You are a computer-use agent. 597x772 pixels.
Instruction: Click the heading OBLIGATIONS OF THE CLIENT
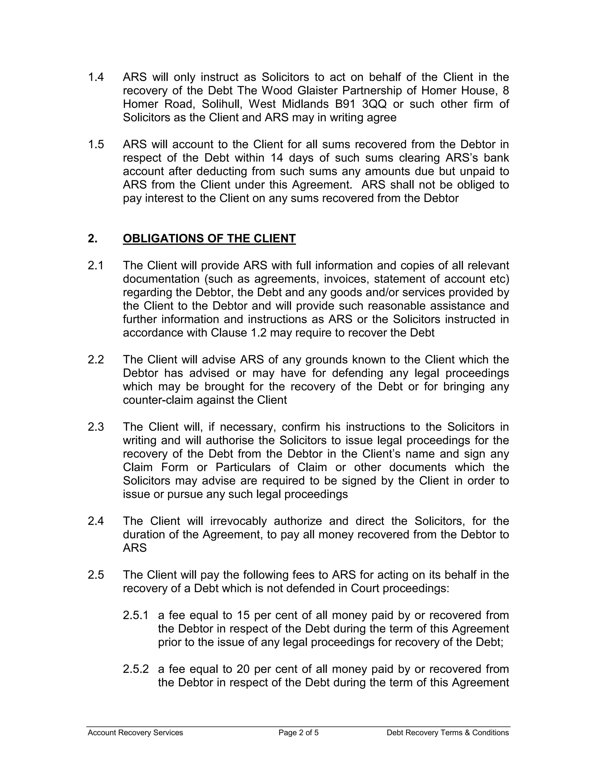[x=209, y=239]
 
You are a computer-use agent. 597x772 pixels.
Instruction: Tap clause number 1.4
[x=96, y=77]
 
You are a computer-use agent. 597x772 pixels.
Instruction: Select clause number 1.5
[x=96, y=144]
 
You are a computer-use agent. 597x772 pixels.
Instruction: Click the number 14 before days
[x=277, y=158]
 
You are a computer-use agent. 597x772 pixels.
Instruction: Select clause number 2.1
[x=96, y=265]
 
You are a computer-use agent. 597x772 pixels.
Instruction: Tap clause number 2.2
[x=96, y=359]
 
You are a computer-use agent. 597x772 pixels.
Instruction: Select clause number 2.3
[x=96, y=427]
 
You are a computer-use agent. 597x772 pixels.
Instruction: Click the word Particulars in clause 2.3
[x=243, y=467]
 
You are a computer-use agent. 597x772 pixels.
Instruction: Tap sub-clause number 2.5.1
[x=136, y=615]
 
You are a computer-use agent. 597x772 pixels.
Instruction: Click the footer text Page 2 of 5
[x=298, y=732]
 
